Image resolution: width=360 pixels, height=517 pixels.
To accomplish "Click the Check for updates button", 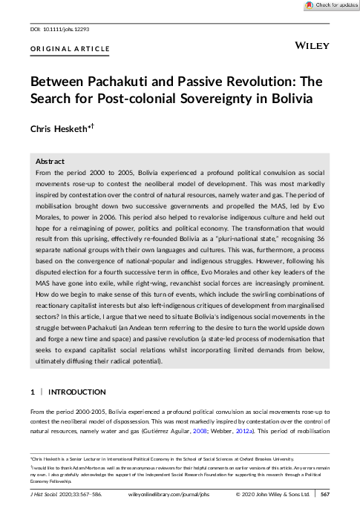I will pos(327,5).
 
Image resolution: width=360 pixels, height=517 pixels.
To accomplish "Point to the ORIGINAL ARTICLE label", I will pos(70,49).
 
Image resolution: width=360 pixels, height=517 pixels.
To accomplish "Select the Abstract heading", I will pos(50,161).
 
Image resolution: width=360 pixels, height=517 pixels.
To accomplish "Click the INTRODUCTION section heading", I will pos(77,392).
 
